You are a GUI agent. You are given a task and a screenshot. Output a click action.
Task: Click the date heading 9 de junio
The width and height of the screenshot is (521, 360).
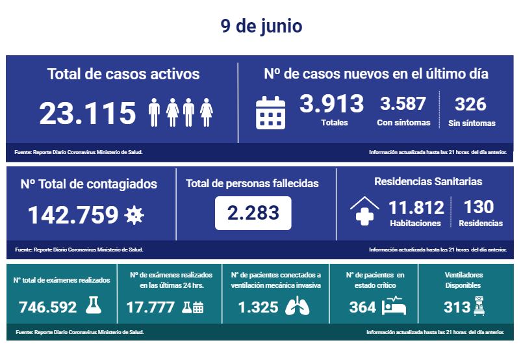pyautogui.click(x=260, y=27)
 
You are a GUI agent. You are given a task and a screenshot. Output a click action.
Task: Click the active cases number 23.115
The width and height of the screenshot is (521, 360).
pyautogui.click(x=88, y=113)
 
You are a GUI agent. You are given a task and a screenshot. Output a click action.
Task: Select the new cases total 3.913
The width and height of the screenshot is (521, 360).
pyautogui.click(x=331, y=103)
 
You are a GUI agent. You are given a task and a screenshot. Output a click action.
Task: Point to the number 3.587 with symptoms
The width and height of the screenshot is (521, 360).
pyautogui.click(x=403, y=103)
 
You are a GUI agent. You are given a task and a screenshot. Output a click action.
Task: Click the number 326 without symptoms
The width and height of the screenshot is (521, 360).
pyautogui.click(x=471, y=103)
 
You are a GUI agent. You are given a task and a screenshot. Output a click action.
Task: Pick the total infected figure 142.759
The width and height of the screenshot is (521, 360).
pyautogui.click(x=73, y=214)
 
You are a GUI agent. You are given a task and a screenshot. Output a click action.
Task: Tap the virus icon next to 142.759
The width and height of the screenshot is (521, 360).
pyautogui.click(x=134, y=214)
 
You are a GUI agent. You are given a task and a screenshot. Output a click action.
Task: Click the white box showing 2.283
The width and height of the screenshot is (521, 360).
pyautogui.click(x=253, y=212)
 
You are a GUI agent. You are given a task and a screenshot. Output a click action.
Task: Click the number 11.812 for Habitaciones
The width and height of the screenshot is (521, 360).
pyautogui.click(x=416, y=208)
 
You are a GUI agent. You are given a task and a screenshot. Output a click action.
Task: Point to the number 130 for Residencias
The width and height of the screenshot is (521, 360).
pyautogui.click(x=479, y=207)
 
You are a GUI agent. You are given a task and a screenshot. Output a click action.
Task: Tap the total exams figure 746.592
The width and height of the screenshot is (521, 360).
pyautogui.click(x=48, y=307)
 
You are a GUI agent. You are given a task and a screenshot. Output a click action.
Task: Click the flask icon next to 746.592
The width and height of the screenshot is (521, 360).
pyautogui.click(x=94, y=306)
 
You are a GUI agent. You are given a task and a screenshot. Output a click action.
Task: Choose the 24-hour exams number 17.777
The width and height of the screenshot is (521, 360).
pyautogui.click(x=151, y=307)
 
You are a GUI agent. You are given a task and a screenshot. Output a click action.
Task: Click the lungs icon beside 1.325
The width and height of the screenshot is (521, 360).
pyautogui.click(x=301, y=307)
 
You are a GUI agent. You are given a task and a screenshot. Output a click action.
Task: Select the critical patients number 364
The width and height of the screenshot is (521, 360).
pyautogui.click(x=362, y=307)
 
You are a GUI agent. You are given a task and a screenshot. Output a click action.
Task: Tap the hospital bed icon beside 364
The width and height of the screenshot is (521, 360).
pyautogui.click(x=394, y=306)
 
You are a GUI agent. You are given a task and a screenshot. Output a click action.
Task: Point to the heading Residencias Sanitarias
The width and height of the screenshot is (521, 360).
pyautogui.click(x=428, y=182)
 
